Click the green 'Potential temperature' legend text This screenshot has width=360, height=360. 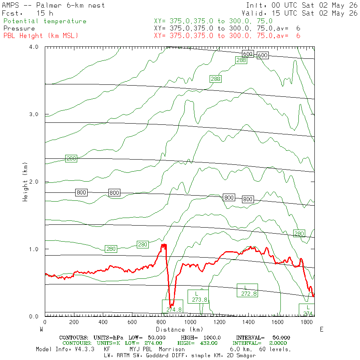[x=45, y=21]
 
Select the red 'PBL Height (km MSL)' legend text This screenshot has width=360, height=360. [x=41, y=36]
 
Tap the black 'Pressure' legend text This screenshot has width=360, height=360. [x=19, y=28]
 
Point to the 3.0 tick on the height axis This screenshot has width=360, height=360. [x=34, y=114]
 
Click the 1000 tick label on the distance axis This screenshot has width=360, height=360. [x=190, y=322]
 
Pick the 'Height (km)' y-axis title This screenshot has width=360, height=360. [x=25, y=182]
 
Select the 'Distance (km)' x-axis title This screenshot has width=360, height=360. [x=180, y=330]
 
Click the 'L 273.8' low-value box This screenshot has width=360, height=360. [x=198, y=297]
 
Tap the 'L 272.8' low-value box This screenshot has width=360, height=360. [x=247, y=290]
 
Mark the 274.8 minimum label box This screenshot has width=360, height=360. [x=172, y=306]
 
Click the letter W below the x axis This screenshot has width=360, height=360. [x=41, y=330]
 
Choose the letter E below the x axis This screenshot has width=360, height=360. [x=322, y=330]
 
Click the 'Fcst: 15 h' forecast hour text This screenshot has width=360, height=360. [x=28, y=13]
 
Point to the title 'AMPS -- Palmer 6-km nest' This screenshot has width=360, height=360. [x=53, y=5]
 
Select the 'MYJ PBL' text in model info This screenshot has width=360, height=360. [x=140, y=349]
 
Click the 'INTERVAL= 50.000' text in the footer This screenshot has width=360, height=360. [x=263, y=338]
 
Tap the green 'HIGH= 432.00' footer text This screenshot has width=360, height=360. [x=197, y=343]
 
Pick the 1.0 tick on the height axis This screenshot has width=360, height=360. [x=34, y=249]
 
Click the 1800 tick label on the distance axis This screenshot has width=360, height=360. [x=307, y=322]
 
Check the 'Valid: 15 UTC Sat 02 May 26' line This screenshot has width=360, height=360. [x=299, y=13]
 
